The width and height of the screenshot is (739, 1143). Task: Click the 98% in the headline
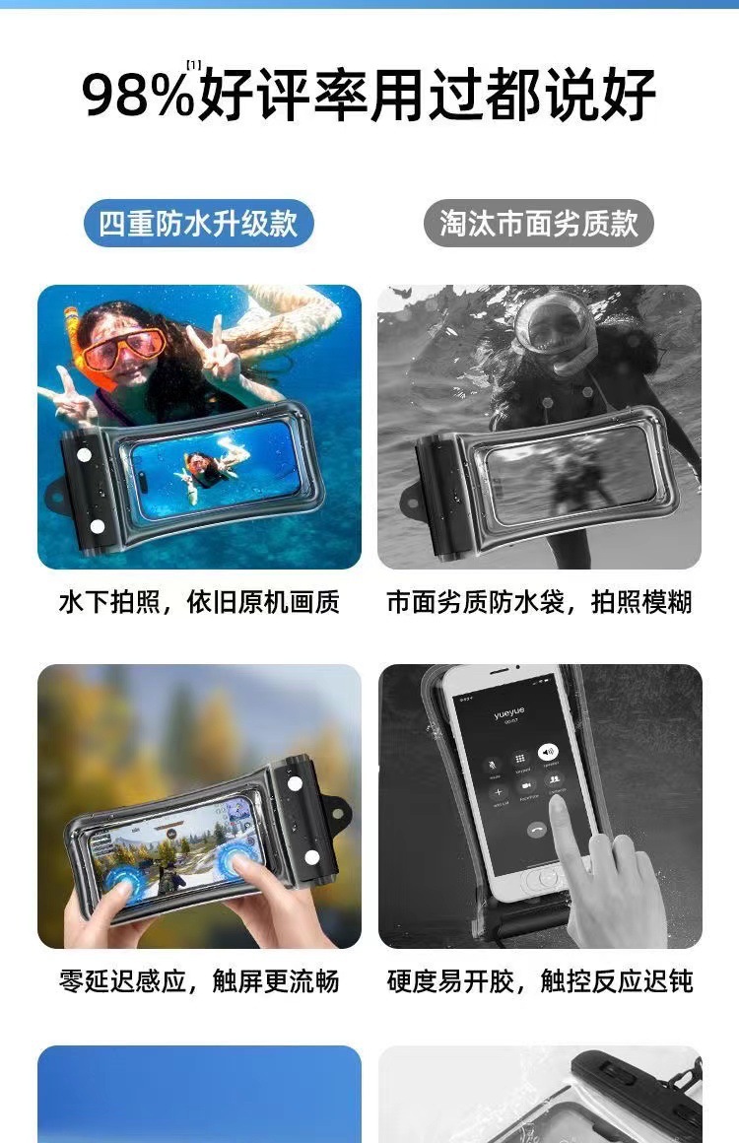point(138,97)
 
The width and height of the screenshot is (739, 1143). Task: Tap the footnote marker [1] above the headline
point(194,65)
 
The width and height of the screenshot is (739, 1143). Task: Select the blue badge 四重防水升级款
point(198,224)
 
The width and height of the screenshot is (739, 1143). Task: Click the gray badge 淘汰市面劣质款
point(539,224)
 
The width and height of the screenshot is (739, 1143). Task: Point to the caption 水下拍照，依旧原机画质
point(199,603)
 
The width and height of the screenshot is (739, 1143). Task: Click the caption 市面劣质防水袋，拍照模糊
point(539,603)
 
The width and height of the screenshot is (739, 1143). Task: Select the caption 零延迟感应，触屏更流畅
point(199,981)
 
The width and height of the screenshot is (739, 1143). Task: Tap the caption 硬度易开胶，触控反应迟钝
point(539,981)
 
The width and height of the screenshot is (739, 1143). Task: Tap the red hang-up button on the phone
point(537,830)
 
